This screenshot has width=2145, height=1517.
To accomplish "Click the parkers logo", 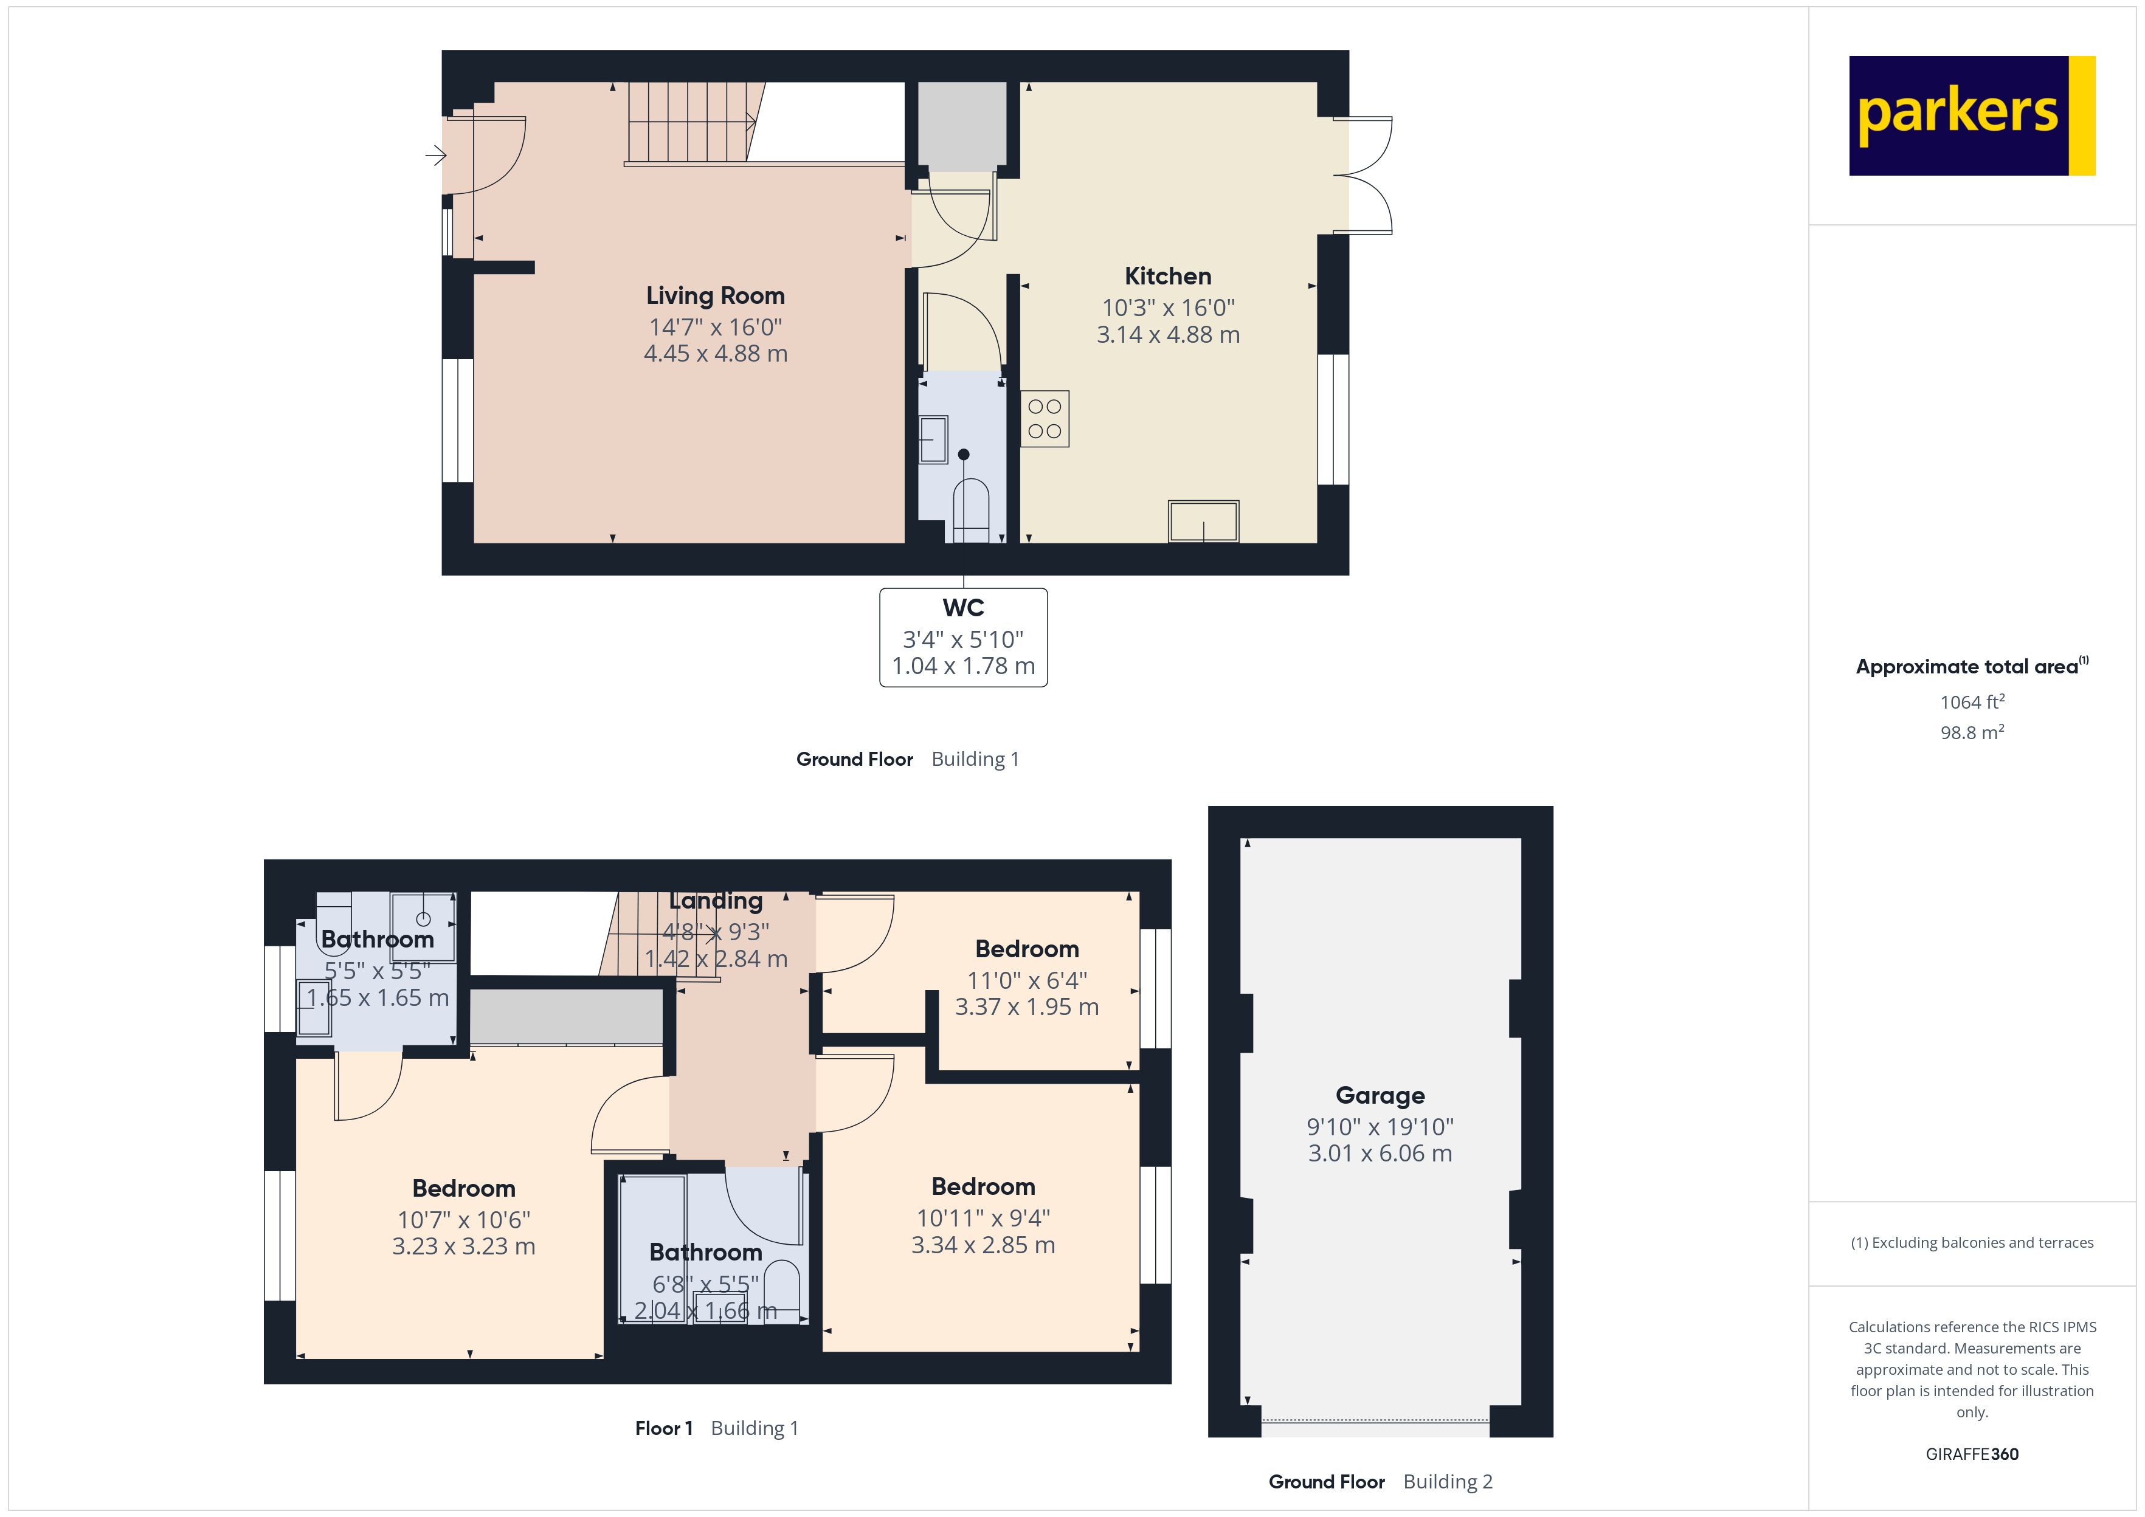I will pyautogui.click(x=1971, y=116).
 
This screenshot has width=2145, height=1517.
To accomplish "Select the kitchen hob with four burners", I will pyautogui.click(x=1045, y=419).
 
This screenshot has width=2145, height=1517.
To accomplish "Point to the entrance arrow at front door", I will pyautogui.click(x=435, y=155).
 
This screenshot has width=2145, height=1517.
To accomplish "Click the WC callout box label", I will pyautogui.click(x=963, y=608).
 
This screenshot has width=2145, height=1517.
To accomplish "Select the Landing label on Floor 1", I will pyautogui.click(x=716, y=901).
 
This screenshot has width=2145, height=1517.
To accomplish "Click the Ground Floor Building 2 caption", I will pyautogui.click(x=1380, y=1482).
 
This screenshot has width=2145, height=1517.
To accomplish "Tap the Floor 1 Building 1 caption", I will pyautogui.click(x=716, y=1428).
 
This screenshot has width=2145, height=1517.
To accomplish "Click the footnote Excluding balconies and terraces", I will pyautogui.click(x=1971, y=1242).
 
